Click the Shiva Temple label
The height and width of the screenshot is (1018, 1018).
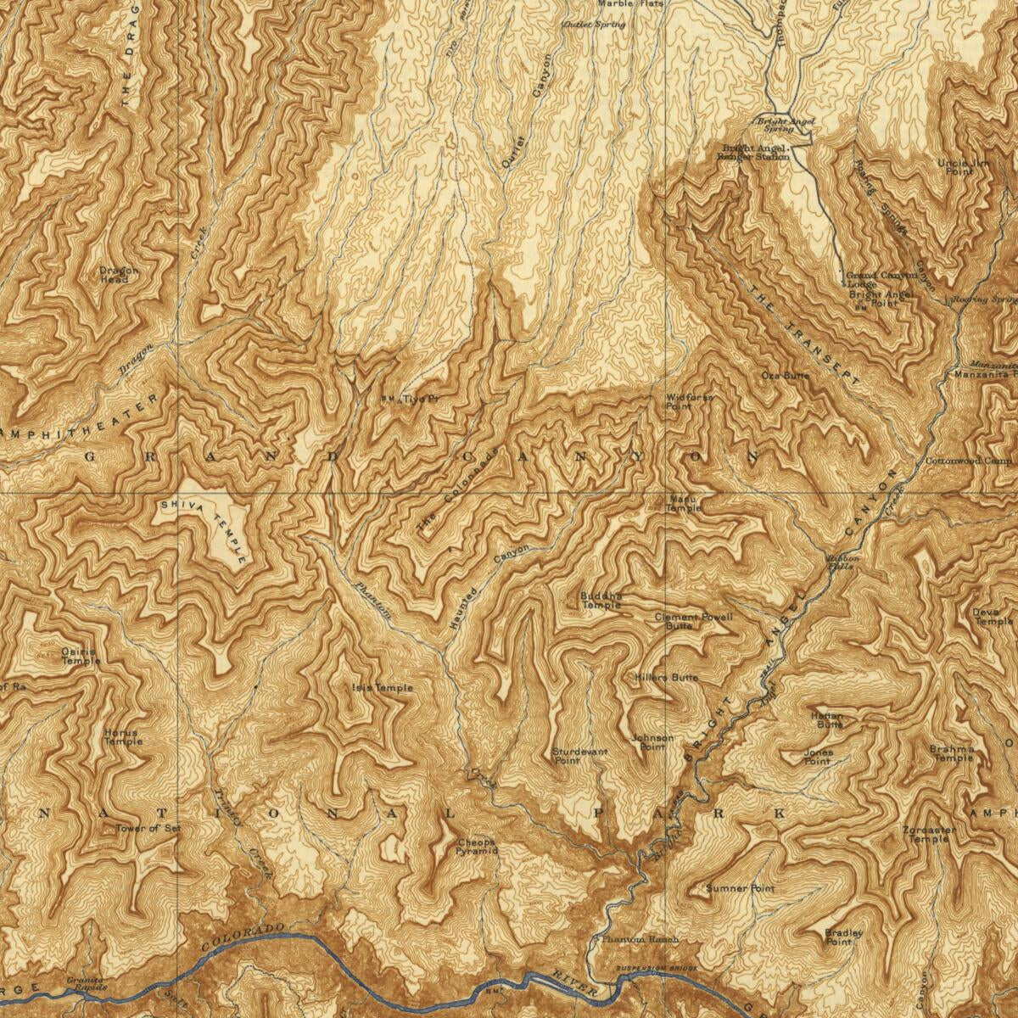coord(206,529)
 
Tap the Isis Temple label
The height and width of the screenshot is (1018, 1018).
coord(383,687)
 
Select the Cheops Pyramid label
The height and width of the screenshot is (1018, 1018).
coord(476,847)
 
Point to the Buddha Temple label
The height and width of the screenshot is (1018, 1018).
coord(601,601)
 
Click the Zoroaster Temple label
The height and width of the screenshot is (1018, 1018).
coord(929,834)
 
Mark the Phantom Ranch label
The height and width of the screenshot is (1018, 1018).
coord(640,940)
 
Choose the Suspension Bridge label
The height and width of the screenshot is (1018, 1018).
coord(657,969)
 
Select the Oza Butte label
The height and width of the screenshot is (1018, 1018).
coord(785,375)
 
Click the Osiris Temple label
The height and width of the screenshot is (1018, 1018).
coord(81,656)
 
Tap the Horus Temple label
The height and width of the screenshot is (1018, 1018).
coord(123,736)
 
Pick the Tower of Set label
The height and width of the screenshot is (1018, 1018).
coord(148,828)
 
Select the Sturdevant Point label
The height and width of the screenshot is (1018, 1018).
coord(579,756)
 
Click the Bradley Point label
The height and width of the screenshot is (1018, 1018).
coord(843,937)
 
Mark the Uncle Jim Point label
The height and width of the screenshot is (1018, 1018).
coord(955,167)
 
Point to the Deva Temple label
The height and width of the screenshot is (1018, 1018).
coord(992,616)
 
